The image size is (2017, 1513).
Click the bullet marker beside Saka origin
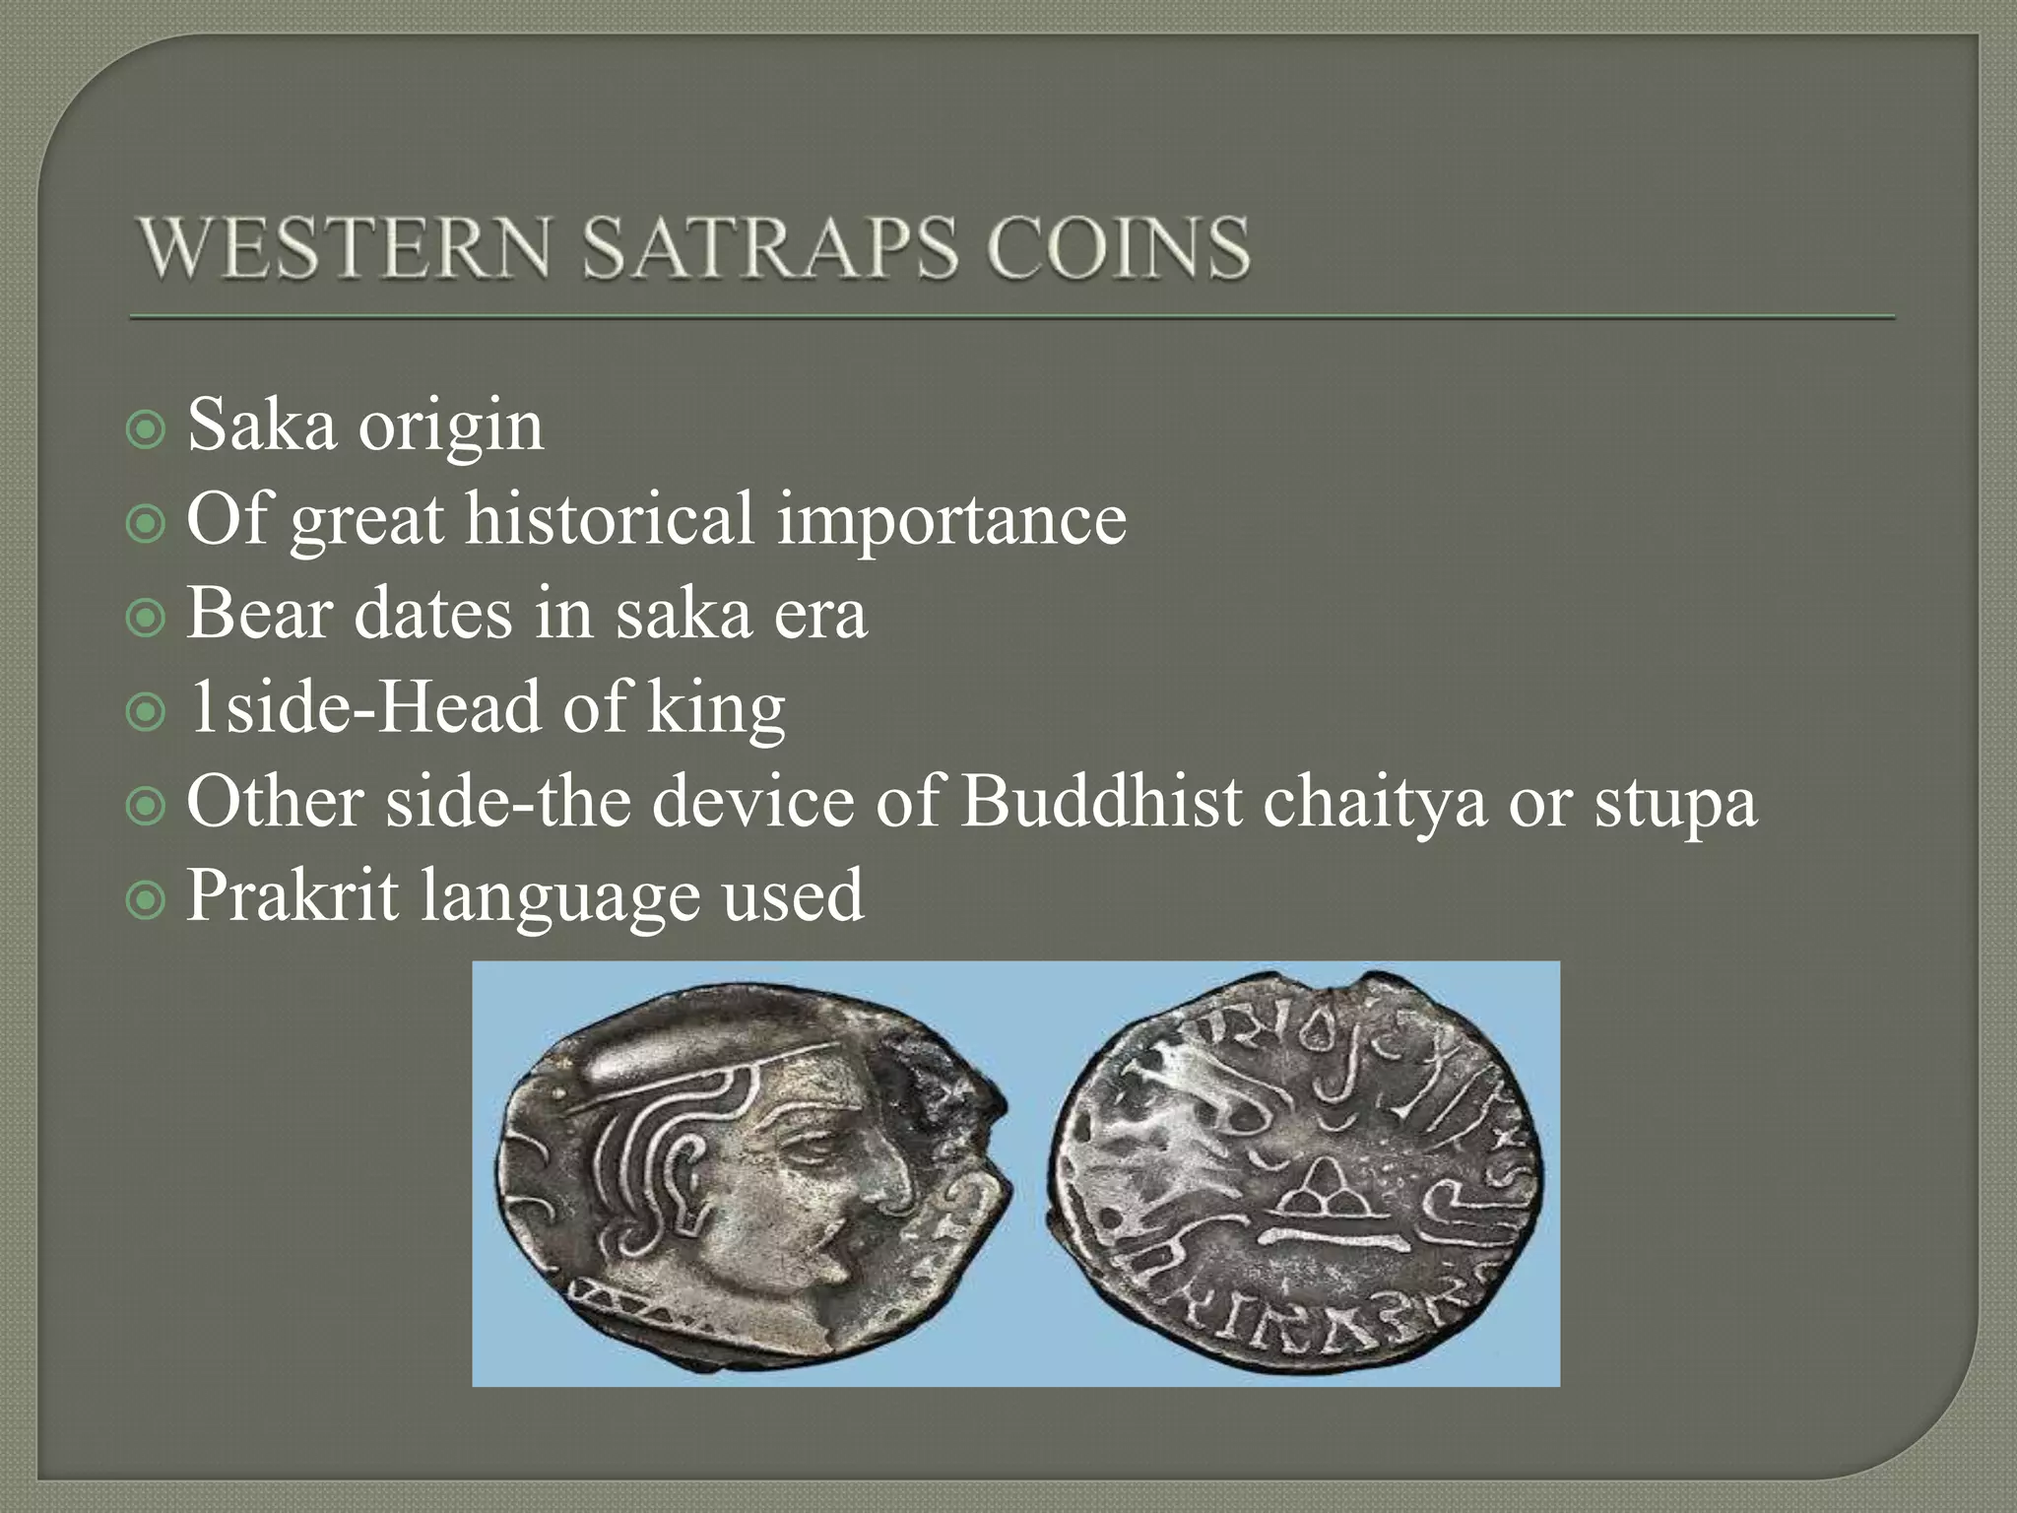(x=146, y=429)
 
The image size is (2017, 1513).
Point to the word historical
(x=609, y=519)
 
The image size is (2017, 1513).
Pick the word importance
(x=951, y=519)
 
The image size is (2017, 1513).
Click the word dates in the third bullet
(x=432, y=613)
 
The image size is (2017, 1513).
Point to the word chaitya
(x=1374, y=801)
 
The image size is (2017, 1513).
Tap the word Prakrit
(x=293, y=894)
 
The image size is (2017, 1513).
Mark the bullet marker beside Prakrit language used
(x=146, y=899)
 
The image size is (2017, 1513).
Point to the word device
(x=753, y=801)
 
